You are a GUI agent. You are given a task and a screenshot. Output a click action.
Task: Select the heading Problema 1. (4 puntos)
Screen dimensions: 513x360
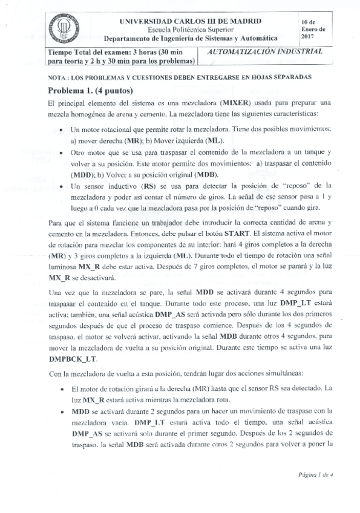coord(90,90)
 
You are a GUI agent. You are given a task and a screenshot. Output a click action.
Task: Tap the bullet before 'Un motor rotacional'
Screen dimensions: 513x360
coord(63,130)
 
